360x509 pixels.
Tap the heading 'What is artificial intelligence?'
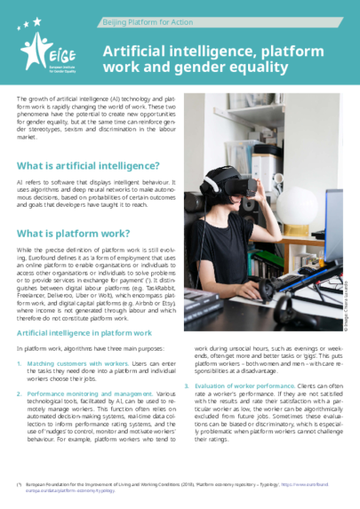(x=88, y=165)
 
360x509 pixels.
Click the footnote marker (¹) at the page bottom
(x=19, y=483)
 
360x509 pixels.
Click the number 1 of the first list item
(x=20, y=363)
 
